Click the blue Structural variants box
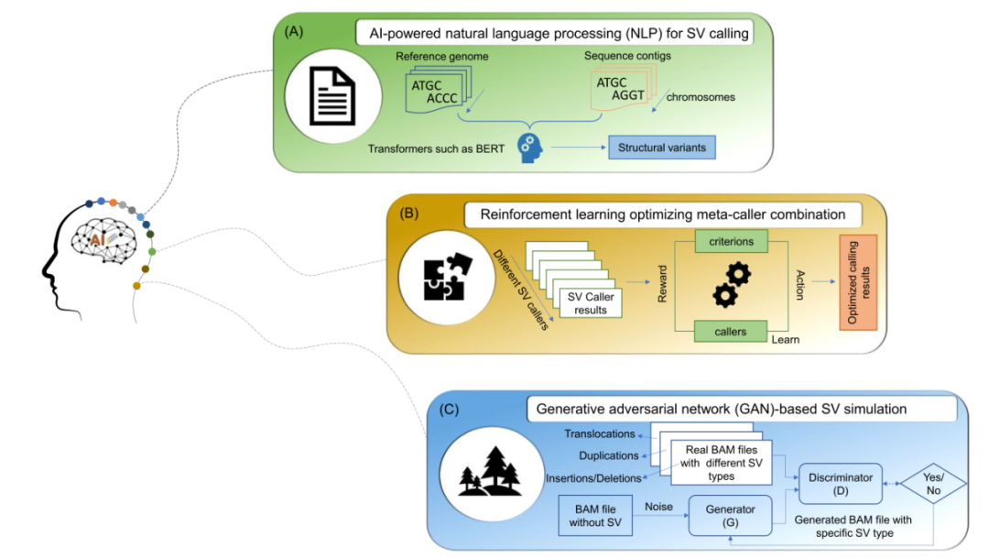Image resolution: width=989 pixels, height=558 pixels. pyautogui.click(x=660, y=147)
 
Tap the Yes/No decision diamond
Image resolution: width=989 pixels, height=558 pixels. pyautogui.click(x=934, y=483)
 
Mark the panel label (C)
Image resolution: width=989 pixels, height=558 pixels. pyautogui.click(x=449, y=410)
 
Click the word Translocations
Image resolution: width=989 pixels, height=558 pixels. pyautogui.click(x=600, y=434)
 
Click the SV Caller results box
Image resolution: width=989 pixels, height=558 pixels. pyautogui.click(x=589, y=303)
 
